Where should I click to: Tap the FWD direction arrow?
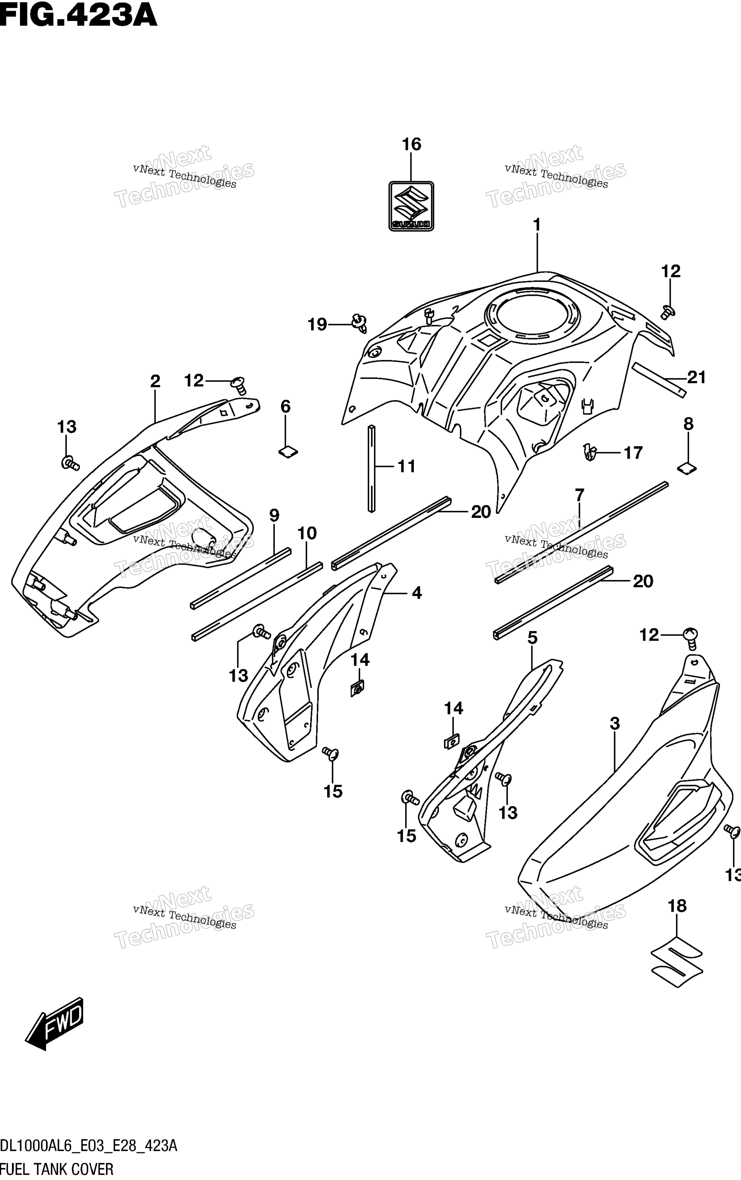pyautogui.click(x=54, y=1024)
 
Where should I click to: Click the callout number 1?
pyautogui.click(x=537, y=225)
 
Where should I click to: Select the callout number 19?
pyautogui.click(x=317, y=324)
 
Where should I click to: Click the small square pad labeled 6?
pyautogui.click(x=288, y=452)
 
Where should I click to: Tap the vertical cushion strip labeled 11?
pyautogui.click(x=371, y=469)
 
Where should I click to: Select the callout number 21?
pyautogui.click(x=696, y=377)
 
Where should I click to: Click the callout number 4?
pyautogui.click(x=416, y=593)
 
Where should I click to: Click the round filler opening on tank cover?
pyautogui.click(x=531, y=314)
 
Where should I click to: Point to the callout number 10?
pyautogui.click(x=307, y=533)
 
